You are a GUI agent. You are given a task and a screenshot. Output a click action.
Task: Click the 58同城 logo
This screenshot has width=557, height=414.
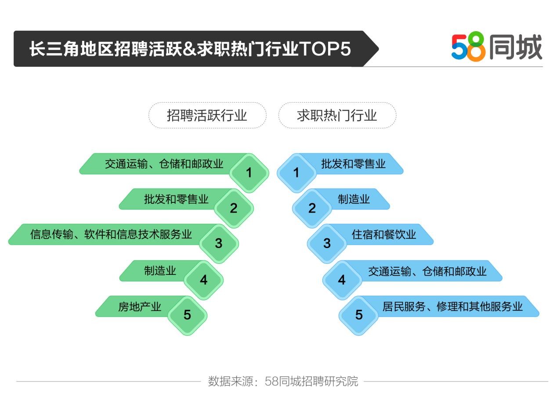click(496, 47)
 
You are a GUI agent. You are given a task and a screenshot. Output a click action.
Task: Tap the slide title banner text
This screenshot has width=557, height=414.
click(190, 49)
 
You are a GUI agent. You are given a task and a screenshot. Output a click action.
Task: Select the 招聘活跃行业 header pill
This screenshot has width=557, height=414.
click(207, 115)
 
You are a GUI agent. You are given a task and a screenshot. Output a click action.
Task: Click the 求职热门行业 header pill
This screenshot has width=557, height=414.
click(337, 115)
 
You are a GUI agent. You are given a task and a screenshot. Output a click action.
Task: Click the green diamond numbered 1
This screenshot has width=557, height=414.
click(249, 173)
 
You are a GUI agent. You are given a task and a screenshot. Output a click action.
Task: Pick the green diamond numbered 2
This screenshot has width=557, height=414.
click(234, 208)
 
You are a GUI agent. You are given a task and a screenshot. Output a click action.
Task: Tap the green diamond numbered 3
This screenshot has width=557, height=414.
click(219, 243)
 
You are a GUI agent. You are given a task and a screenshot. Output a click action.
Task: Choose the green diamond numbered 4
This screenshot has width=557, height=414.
click(203, 280)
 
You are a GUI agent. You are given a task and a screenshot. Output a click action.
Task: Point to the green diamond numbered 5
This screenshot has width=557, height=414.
click(188, 315)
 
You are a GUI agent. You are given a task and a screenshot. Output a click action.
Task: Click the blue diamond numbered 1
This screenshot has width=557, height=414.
click(296, 173)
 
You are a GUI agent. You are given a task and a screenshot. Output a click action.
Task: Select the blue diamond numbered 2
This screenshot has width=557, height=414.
click(312, 208)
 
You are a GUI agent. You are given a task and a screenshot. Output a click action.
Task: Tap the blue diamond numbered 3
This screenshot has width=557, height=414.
click(327, 243)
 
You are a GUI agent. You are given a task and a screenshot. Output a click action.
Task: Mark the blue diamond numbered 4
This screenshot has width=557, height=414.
click(342, 280)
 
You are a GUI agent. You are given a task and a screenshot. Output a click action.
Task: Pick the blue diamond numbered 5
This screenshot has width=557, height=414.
click(359, 315)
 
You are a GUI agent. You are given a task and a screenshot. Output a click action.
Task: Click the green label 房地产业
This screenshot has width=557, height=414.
click(140, 306)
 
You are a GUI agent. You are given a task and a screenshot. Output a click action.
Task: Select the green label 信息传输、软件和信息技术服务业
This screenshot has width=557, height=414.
click(111, 234)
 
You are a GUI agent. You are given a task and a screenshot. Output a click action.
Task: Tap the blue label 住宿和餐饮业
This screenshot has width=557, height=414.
click(383, 234)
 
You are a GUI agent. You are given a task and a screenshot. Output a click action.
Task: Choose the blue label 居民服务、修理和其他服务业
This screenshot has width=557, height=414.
click(452, 306)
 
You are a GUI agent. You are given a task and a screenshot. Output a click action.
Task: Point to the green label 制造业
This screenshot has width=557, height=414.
click(160, 270)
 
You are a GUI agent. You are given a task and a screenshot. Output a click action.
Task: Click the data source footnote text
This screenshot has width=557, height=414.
click(283, 381)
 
